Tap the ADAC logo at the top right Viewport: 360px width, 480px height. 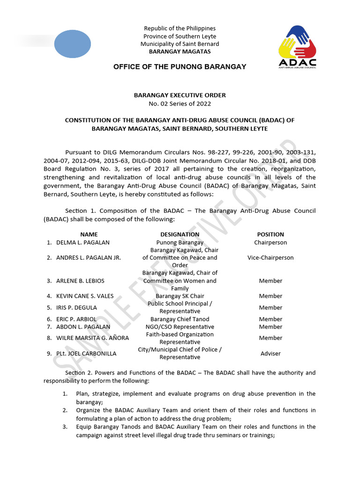[297, 47]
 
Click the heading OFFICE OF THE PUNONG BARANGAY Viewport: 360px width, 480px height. [180, 67]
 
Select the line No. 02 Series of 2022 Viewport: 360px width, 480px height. [180, 104]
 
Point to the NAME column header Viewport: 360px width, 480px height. [89, 234]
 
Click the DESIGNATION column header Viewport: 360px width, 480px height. [180, 234]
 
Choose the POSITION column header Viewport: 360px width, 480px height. [270, 234]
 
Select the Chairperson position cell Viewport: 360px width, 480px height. [270, 242]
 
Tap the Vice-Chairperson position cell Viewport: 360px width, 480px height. [270, 257]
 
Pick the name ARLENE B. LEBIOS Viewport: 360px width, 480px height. [80, 281]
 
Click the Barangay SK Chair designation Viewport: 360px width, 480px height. [180, 296]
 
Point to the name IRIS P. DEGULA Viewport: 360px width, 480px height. [76, 307]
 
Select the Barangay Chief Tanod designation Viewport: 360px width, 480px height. [180, 319]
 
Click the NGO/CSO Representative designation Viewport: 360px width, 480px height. [180, 327]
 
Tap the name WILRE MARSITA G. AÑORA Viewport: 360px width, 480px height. [92, 338]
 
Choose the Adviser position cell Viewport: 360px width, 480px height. [270, 353]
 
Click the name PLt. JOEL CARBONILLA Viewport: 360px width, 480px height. [86, 353]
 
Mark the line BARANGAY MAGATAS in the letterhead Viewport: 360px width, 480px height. [180, 52]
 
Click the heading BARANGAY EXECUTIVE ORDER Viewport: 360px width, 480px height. [180, 95]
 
